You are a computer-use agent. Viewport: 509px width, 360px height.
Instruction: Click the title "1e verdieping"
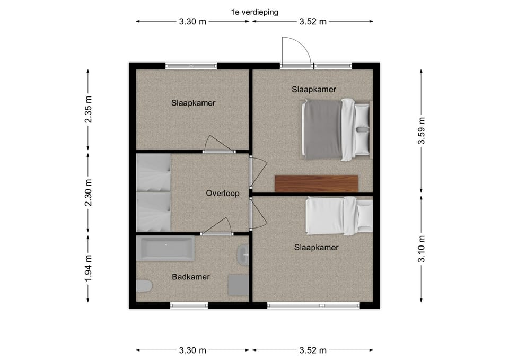coord(254,12)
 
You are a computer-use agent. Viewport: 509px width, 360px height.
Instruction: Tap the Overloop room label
coord(223,194)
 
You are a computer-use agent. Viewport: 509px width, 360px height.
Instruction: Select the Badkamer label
coord(190,277)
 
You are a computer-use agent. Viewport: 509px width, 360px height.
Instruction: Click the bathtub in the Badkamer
coord(165,248)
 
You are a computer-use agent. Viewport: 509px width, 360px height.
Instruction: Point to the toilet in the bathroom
coord(144,286)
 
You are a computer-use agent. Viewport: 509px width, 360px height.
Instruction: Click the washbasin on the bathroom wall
coord(243,255)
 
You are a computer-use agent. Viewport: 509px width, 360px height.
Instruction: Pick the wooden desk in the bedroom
coord(316,184)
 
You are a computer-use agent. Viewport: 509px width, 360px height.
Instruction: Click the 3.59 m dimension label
coord(422,130)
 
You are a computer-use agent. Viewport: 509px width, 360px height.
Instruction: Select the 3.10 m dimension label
coord(422,249)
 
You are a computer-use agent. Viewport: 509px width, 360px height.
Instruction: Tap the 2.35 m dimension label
coord(88,109)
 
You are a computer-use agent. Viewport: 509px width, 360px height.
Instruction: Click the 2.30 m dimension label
coord(88,192)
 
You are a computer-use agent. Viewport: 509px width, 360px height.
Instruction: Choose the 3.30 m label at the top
coord(192,22)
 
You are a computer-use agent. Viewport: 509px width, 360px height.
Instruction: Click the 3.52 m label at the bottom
coord(313,350)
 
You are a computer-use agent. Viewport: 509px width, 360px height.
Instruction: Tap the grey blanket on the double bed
coord(322,129)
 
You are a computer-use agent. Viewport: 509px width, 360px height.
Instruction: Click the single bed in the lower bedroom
coord(339,216)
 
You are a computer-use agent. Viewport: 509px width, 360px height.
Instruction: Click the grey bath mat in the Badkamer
coord(239,285)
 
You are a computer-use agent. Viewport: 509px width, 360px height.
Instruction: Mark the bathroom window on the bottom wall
coord(189,305)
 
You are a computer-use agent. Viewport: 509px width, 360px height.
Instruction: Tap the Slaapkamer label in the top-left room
coord(193,103)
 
